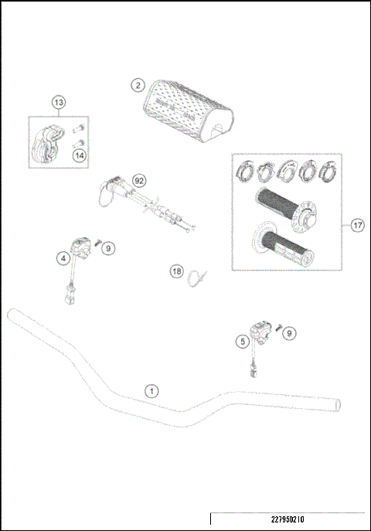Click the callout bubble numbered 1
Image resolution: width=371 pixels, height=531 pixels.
[x=152, y=390]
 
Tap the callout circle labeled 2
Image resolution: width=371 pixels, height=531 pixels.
[x=138, y=85]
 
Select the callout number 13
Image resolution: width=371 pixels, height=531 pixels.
[x=60, y=101]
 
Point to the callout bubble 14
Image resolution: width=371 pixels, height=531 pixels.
[x=78, y=155]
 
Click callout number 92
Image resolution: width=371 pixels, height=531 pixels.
[x=139, y=179]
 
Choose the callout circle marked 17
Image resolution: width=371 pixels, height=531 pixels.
[x=357, y=226]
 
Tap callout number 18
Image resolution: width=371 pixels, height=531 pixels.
[x=177, y=271]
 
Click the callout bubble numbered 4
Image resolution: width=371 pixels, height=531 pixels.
[x=63, y=259]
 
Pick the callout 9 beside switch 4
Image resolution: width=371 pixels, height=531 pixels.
[x=109, y=247]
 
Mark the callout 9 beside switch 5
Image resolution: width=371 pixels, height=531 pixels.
[x=289, y=333]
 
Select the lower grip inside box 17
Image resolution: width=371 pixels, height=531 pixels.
[x=278, y=247]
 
